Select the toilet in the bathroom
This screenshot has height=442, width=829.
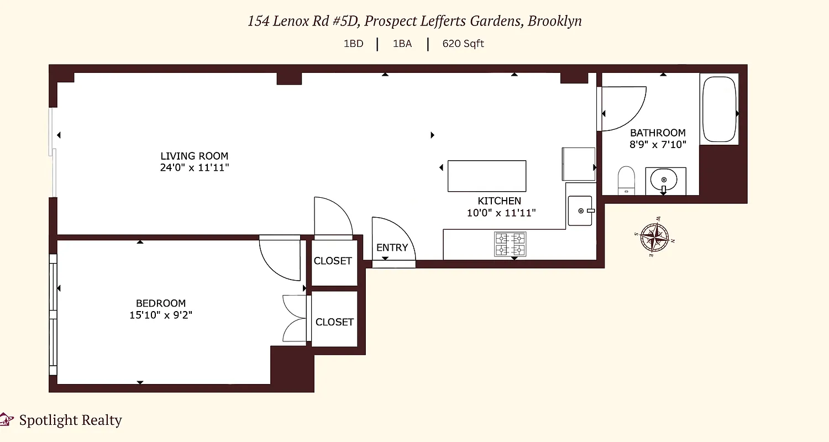(x=626, y=180)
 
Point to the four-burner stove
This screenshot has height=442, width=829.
(x=510, y=244)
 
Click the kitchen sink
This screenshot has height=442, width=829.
(x=580, y=211)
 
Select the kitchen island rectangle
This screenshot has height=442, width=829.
(x=486, y=176)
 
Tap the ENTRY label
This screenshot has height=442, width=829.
(x=392, y=248)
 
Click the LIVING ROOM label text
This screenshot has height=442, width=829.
(x=194, y=156)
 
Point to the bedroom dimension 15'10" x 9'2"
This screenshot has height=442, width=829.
(x=161, y=315)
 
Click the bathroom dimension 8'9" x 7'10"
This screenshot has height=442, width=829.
(x=658, y=144)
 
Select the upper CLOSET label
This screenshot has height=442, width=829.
(x=333, y=261)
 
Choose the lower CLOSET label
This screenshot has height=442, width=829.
(x=334, y=322)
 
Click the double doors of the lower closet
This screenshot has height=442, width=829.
(x=294, y=319)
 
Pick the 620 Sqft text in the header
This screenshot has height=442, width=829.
(x=463, y=44)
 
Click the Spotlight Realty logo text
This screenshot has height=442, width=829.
(x=70, y=420)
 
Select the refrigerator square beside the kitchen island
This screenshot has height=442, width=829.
(x=578, y=164)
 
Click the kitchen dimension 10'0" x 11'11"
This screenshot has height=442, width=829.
(x=501, y=212)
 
